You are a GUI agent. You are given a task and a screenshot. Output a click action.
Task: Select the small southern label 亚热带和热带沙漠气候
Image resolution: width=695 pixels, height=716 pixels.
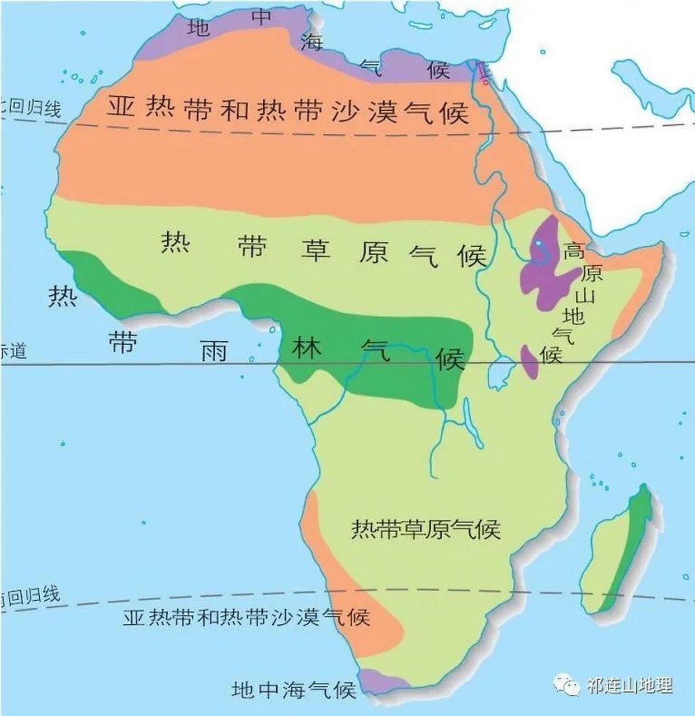247,617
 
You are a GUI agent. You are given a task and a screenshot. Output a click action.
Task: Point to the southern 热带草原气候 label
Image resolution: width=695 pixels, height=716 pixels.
425,529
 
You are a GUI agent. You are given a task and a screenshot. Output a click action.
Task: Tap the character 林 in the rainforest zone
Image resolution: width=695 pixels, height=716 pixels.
307,348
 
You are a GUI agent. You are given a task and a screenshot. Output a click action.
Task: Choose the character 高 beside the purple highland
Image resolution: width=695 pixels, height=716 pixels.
574,250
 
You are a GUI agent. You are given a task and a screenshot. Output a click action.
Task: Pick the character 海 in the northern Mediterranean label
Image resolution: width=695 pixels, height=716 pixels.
311,42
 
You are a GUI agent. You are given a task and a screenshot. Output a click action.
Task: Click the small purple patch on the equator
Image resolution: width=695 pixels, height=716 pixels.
529,361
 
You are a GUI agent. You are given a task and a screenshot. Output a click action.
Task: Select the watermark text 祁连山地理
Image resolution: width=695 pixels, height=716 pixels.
630,685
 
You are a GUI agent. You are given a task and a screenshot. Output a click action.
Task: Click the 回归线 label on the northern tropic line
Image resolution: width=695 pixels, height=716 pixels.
34,107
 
